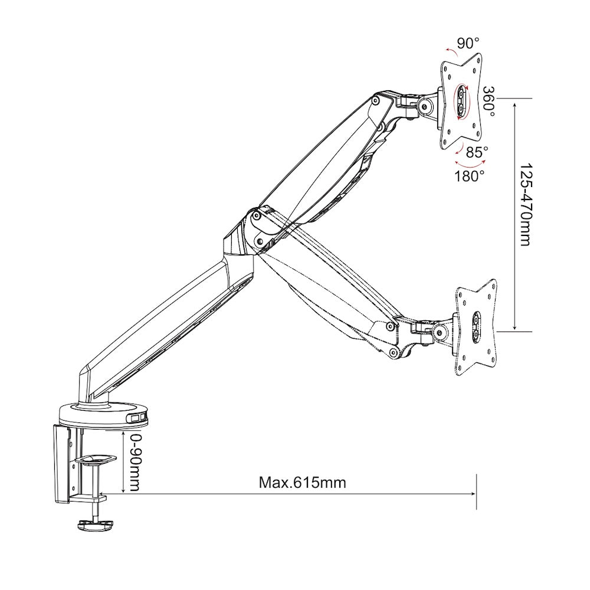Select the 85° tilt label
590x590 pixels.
click(x=477, y=152)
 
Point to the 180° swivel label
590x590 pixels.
click(x=470, y=175)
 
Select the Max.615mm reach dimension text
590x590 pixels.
click(x=303, y=482)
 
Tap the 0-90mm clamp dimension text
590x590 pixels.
click(x=135, y=462)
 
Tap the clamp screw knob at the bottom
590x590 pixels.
click(x=94, y=524)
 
